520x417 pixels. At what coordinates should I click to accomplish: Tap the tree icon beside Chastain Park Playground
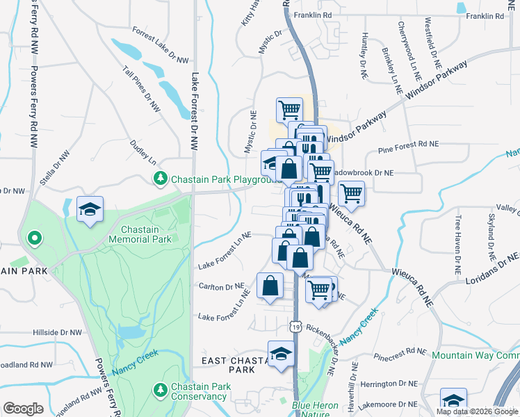[161, 179]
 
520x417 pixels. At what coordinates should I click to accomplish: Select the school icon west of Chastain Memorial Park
[90, 211]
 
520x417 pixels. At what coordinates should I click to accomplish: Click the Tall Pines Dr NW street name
[141, 89]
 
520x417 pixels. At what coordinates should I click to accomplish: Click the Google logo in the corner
[23, 409]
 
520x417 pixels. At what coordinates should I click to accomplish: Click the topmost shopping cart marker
[289, 109]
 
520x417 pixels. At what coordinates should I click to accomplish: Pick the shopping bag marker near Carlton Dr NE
[270, 286]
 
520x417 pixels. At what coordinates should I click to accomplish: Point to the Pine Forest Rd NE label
[409, 145]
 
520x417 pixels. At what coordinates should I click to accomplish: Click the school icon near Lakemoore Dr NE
[454, 401]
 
